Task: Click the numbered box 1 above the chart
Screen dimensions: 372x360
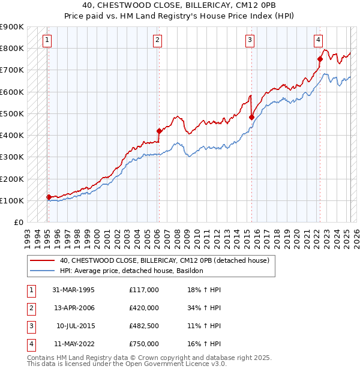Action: (47, 41)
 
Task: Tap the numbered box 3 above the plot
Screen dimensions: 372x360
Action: (250, 41)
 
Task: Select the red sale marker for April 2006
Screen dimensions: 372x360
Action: (159, 131)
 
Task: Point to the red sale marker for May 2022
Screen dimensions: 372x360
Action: (320, 59)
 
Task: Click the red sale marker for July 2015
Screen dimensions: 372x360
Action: (251, 117)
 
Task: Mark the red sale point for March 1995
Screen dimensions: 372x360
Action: (48, 197)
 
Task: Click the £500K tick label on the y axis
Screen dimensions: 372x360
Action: (12, 113)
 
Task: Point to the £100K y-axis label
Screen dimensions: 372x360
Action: (12, 200)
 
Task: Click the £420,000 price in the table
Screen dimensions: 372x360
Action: (144, 308)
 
